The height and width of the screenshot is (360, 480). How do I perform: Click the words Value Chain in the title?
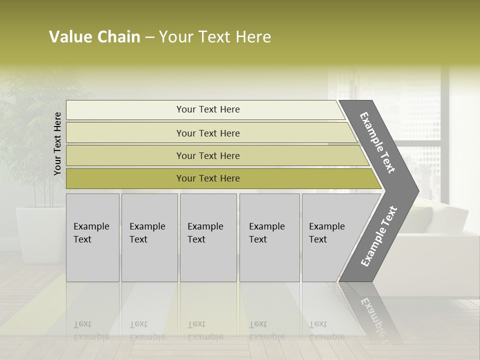94,37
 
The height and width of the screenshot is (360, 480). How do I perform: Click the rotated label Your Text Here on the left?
57,143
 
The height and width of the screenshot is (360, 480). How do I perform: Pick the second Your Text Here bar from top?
207,133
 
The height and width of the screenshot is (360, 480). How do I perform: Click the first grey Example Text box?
92,237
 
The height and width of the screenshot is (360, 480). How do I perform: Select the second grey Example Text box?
149,237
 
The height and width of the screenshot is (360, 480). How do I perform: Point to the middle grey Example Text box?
208,237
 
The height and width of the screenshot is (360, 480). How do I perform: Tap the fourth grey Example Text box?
269,237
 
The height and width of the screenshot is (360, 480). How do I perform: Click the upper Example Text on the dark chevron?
378,142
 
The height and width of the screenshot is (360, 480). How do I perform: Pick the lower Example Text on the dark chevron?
379,236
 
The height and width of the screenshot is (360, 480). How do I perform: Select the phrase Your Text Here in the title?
215,37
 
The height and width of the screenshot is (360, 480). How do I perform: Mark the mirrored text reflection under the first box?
91,330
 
